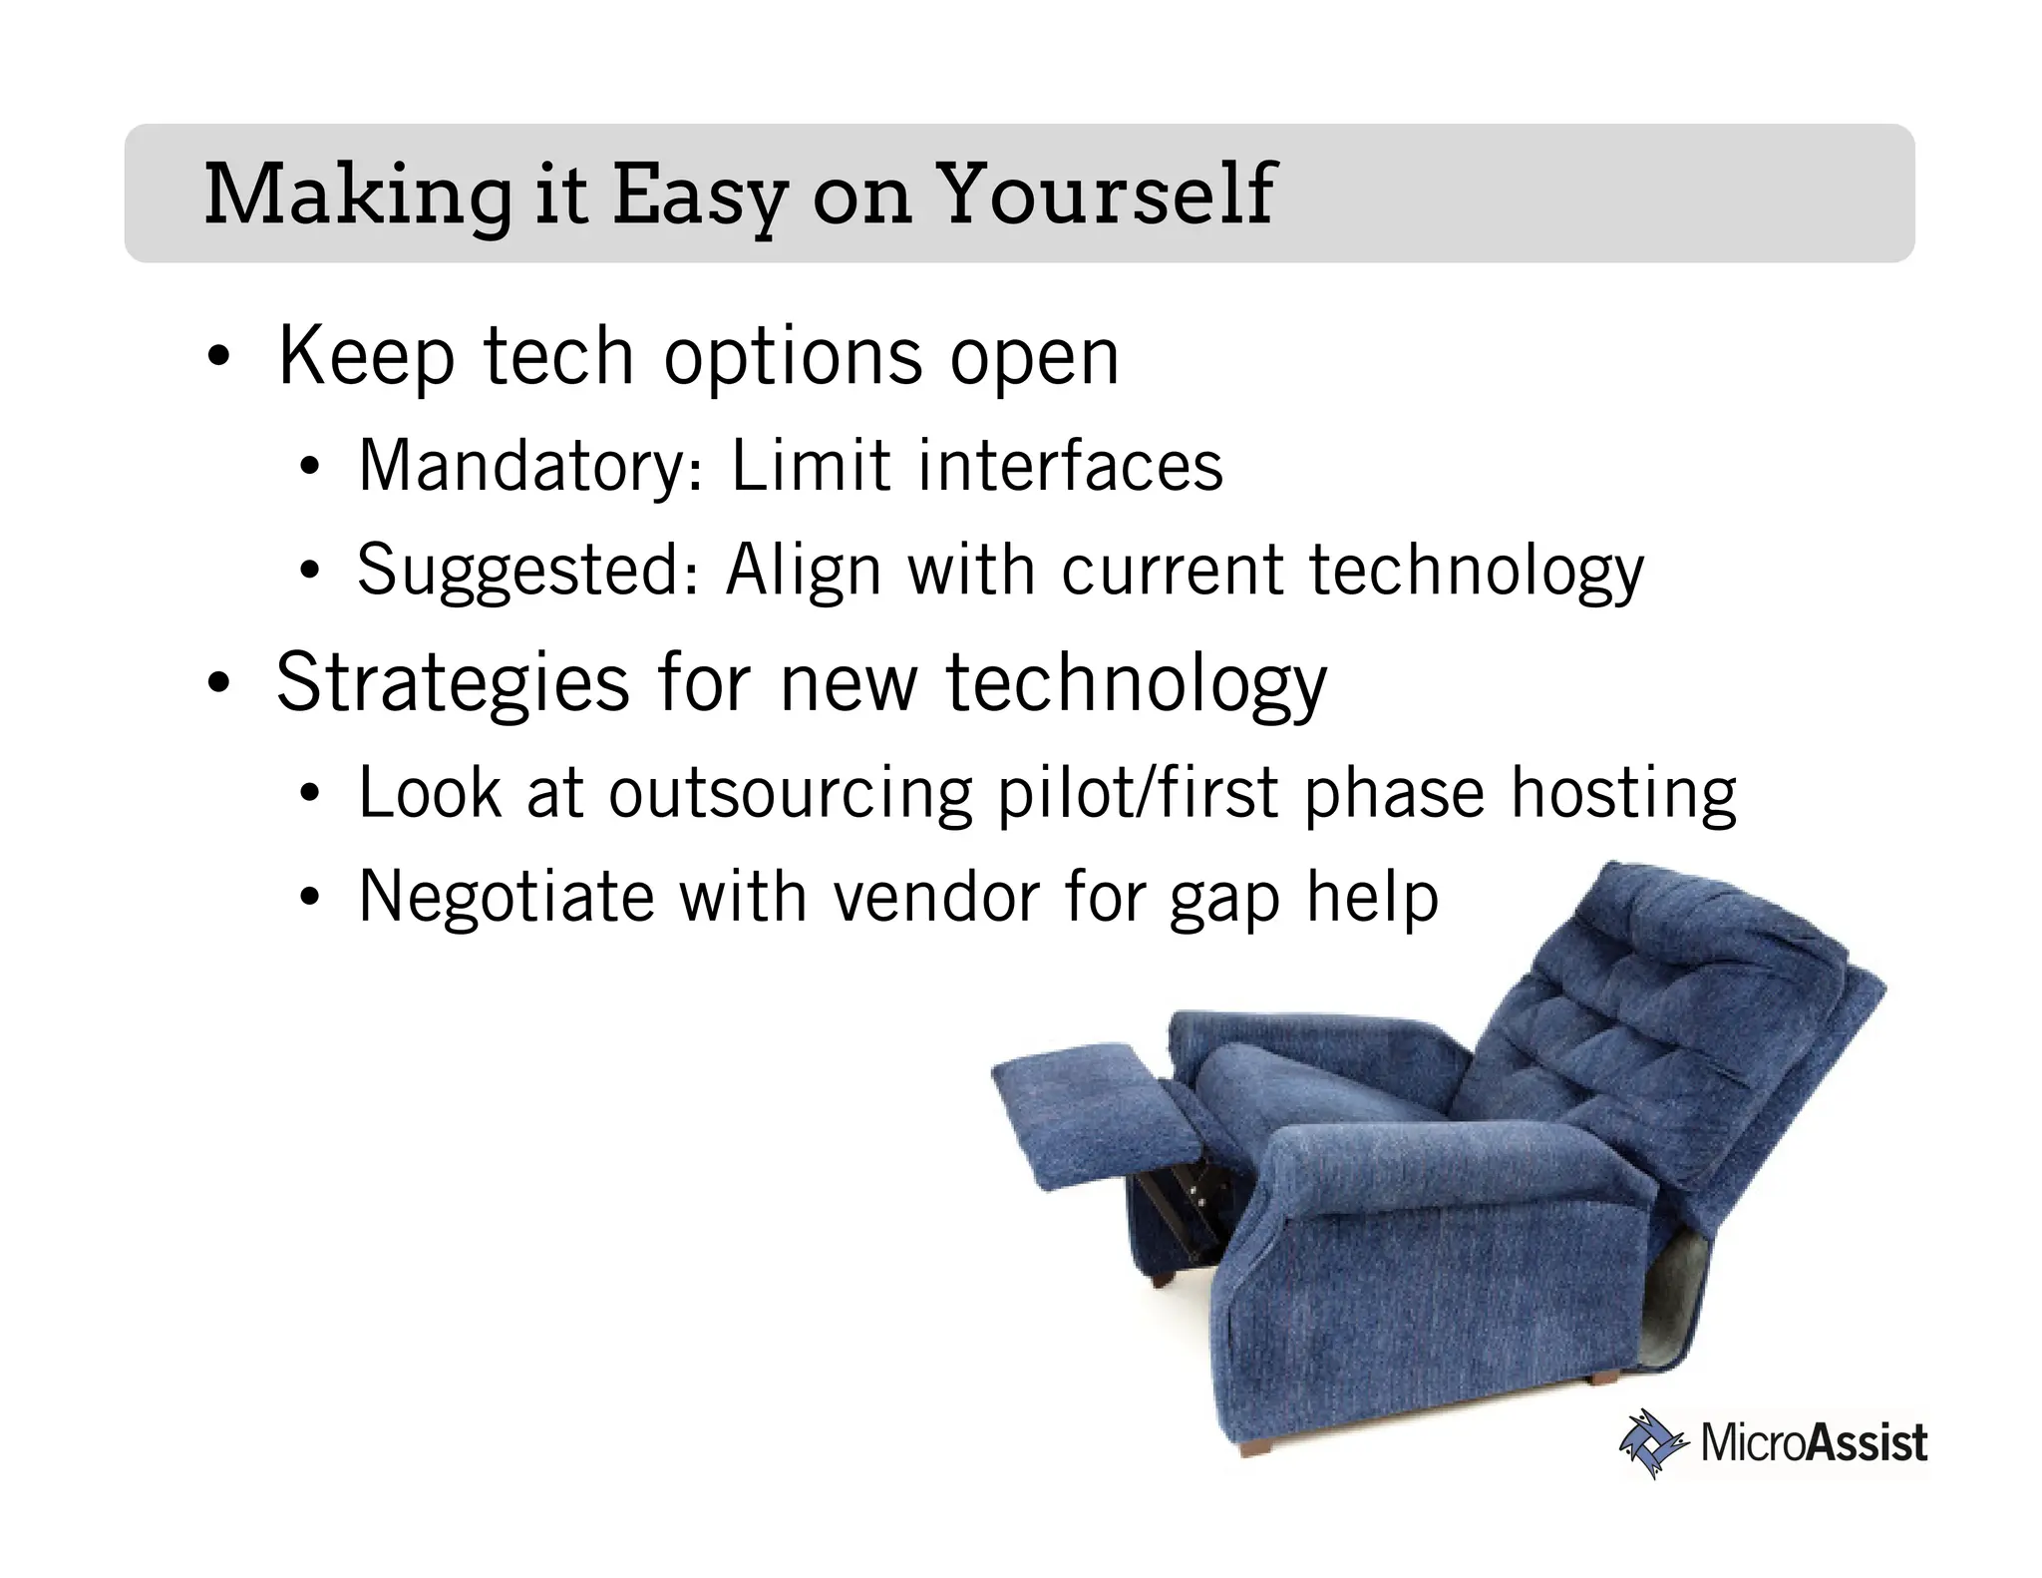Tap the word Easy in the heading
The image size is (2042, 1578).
click(698, 197)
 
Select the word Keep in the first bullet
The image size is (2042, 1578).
click(366, 358)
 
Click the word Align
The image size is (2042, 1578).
click(804, 572)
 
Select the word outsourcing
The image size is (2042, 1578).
click(790, 795)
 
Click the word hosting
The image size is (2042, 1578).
click(1622, 795)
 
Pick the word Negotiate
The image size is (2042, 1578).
click(506, 897)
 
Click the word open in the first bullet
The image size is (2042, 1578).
click(1034, 358)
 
